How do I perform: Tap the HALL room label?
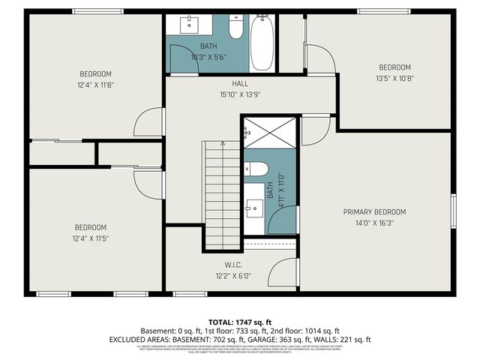240,84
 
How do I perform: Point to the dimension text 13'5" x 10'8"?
394,77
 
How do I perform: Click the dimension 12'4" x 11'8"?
96,85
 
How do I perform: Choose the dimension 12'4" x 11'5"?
90,238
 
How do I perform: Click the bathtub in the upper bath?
262,43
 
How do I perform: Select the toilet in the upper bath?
235,28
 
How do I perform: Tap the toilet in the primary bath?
256,168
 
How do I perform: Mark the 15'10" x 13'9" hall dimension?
240,95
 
